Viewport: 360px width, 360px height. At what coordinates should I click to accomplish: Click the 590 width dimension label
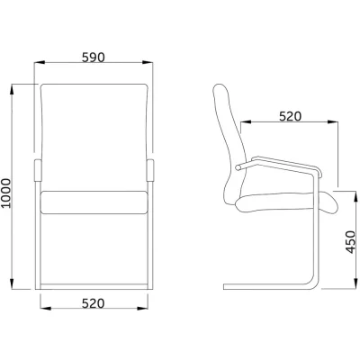(94, 58)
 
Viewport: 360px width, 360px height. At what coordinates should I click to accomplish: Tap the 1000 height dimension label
(5, 193)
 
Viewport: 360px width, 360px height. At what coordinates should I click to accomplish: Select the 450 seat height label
(350, 242)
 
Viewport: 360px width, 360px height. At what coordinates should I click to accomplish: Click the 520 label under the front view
(94, 303)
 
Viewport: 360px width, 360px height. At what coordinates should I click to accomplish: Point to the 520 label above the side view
(290, 116)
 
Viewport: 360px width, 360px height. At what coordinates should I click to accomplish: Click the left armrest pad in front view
(38, 171)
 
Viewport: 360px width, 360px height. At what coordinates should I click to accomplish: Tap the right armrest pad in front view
(150, 171)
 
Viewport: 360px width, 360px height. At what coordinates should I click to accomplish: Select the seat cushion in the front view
(94, 202)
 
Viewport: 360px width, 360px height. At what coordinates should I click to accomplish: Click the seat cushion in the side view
(286, 203)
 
